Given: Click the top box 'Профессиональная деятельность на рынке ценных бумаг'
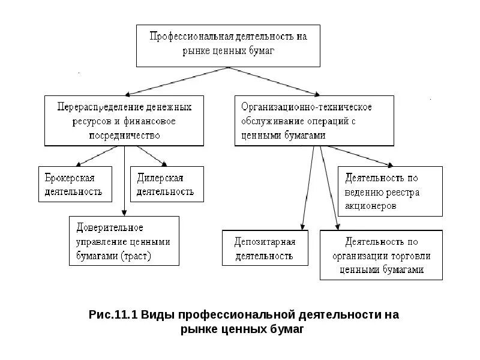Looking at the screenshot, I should (x=228, y=45).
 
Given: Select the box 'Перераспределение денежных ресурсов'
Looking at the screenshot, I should (x=124, y=121).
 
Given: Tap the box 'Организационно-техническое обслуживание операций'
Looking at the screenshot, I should (x=314, y=121).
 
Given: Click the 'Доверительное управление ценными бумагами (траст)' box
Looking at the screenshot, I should (x=124, y=241).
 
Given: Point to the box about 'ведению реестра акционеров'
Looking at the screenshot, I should (x=390, y=191).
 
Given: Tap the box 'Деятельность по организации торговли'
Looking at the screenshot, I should (x=381, y=255).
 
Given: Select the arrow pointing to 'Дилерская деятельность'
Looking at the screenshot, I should (x=150, y=156).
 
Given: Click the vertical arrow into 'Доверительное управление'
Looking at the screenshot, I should (x=124, y=180).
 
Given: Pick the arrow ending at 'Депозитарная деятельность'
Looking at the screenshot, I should (x=308, y=186).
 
